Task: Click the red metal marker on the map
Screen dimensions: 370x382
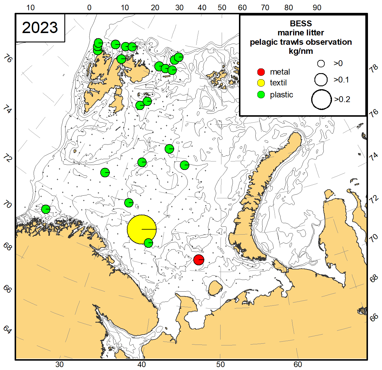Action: coord(199,260)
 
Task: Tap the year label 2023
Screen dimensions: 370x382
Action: coord(40,28)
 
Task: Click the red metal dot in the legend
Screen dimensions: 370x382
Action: coord(261,72)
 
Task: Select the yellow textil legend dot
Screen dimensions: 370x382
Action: coord(261,83)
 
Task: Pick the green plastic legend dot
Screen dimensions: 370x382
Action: coord(261,95)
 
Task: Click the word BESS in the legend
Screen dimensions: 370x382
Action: coord(301,23)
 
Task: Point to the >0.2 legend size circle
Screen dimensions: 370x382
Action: coord(321,99)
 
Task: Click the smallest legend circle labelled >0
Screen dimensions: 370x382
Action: coord(321,63)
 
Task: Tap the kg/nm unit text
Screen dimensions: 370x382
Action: coord(301,51)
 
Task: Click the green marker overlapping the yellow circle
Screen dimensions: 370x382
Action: coord(149,243)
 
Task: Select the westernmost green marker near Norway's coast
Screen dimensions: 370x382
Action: coord(46,209)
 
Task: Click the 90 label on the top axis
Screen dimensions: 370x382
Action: coord(317,8)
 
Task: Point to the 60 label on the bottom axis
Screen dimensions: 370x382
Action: coord(298,364)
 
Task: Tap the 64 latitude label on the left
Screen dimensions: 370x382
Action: coord(8,330)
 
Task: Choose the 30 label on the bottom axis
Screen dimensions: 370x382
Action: coord(59,364)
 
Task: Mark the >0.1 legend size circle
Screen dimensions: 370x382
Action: coord(321,80)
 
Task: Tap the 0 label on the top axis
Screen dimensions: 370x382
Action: coord(89,8)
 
